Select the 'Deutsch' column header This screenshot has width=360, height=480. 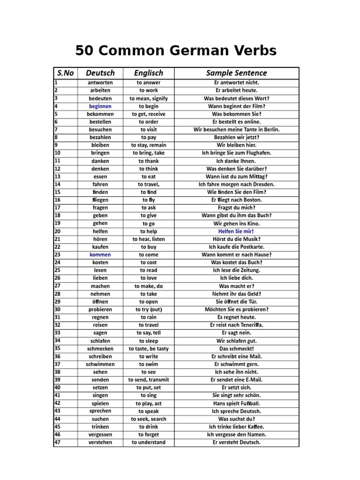[100, 73]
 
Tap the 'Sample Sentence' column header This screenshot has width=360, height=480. [236, 73]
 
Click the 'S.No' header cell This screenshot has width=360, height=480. [66, 73]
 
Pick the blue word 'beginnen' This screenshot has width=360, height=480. [100, 106]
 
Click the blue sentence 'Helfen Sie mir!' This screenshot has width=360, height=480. [236, 231]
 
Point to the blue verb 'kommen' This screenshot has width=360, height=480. [100, 255]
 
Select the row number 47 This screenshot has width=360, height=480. [58, 442]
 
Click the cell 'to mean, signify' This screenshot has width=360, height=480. [149, 98]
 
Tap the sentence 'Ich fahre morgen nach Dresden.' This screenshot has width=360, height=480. [236, 184]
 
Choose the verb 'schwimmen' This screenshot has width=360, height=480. [100, 364]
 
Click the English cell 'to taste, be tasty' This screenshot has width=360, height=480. [149, 348]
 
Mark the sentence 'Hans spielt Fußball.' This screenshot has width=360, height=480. [236, 403]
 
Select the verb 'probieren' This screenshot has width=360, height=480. [100, 309]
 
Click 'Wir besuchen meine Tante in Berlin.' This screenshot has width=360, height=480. [236, 129]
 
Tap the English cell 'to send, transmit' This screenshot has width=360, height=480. [149, 380]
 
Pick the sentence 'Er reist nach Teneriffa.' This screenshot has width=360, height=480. [236, 325]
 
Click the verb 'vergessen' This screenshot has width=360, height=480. [100, 435]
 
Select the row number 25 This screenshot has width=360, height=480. [58, 270]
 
